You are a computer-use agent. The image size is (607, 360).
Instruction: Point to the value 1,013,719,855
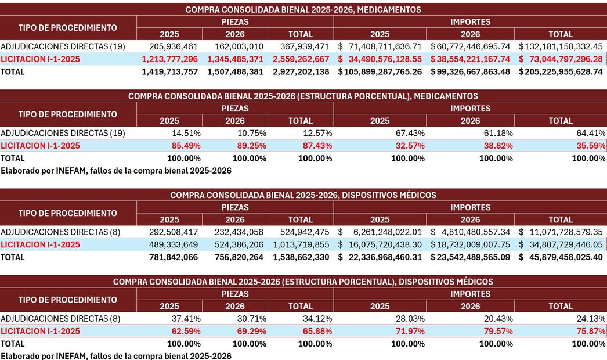[301, 244]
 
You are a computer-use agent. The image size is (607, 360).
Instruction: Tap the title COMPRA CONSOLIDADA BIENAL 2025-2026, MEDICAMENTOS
[303, 10]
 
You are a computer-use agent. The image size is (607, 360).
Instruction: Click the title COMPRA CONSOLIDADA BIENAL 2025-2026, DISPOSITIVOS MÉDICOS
[303, 195]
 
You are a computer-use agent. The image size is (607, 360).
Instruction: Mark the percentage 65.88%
[317, 331]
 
